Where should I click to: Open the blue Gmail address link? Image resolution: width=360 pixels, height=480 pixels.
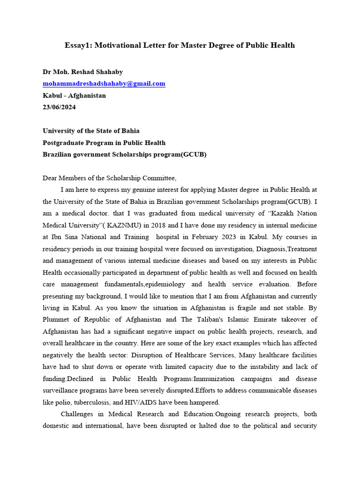pos(104,83)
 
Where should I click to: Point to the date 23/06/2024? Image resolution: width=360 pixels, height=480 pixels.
pos(59,107)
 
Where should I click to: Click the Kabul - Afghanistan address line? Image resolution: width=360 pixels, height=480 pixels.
pos(74,95)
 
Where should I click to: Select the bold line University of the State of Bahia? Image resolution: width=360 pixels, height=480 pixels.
pos(91,131)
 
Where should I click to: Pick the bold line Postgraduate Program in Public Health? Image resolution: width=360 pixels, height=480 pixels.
pos(104,142)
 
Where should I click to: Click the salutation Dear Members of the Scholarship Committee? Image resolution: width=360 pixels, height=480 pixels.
pos(110,178)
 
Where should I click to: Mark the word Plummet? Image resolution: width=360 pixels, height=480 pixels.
pos(57,320)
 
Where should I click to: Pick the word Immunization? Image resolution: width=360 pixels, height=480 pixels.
pos(214,379)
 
